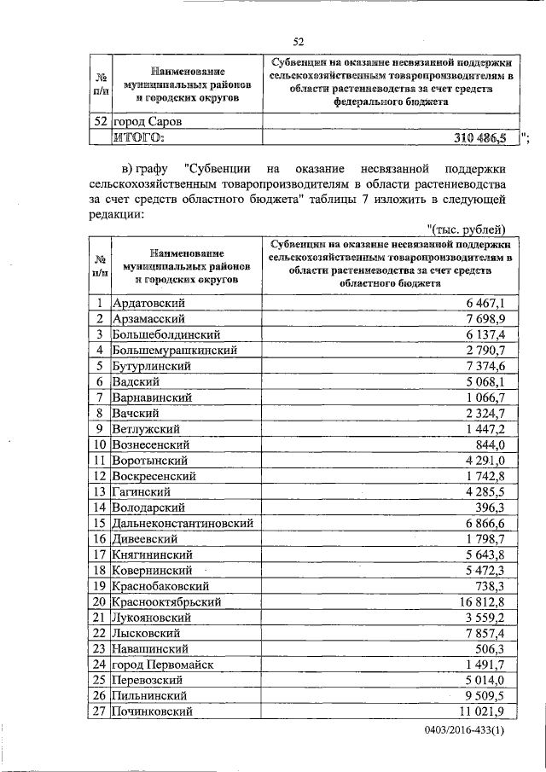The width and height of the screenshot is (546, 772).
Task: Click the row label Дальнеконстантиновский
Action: (183, 523)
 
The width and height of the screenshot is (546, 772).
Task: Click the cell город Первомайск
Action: (162, 665)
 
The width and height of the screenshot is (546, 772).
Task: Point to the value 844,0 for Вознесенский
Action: (492, 444)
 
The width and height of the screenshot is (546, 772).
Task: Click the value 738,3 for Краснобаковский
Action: (492, 586)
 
